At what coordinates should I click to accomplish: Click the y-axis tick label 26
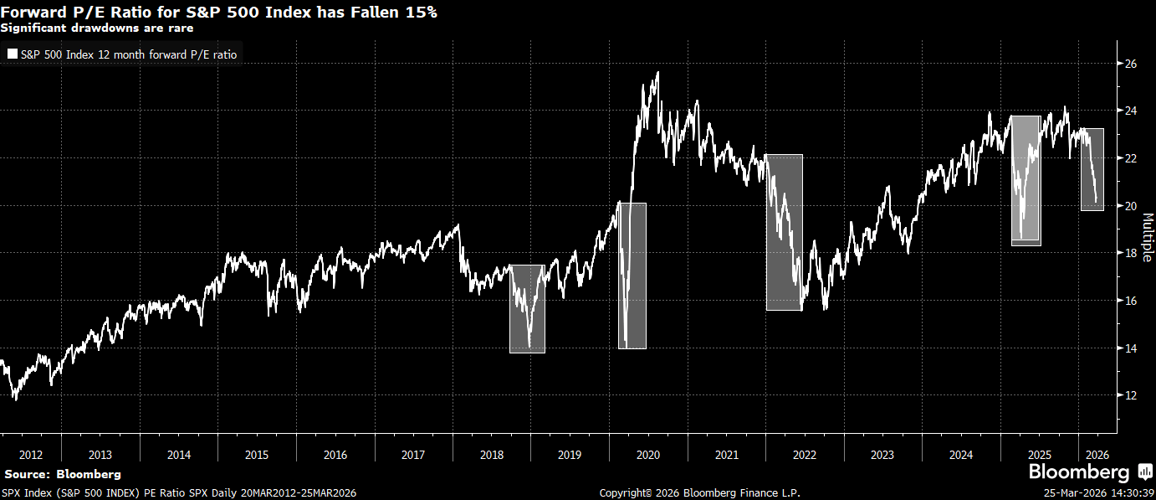coord(1129,64)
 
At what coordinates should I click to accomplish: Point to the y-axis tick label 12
coord(1129,395)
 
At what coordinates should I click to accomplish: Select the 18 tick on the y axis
coord(1129,253)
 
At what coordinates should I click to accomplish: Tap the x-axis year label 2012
coord(30,455)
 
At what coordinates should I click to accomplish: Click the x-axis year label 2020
coord(648,455)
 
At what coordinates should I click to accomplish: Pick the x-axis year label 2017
coord(413,455)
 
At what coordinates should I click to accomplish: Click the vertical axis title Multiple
coord(1147,237)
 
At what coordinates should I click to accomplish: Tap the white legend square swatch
coord(12,54)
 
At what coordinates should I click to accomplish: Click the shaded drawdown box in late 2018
coord(527,308)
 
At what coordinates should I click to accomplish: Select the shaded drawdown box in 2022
coord(784,232)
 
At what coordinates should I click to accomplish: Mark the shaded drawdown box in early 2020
coord(632,275)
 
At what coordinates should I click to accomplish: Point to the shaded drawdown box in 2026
coord(1092,169)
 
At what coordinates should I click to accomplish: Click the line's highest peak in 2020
coord(657,73)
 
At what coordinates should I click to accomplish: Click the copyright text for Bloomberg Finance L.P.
coord(699,493)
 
